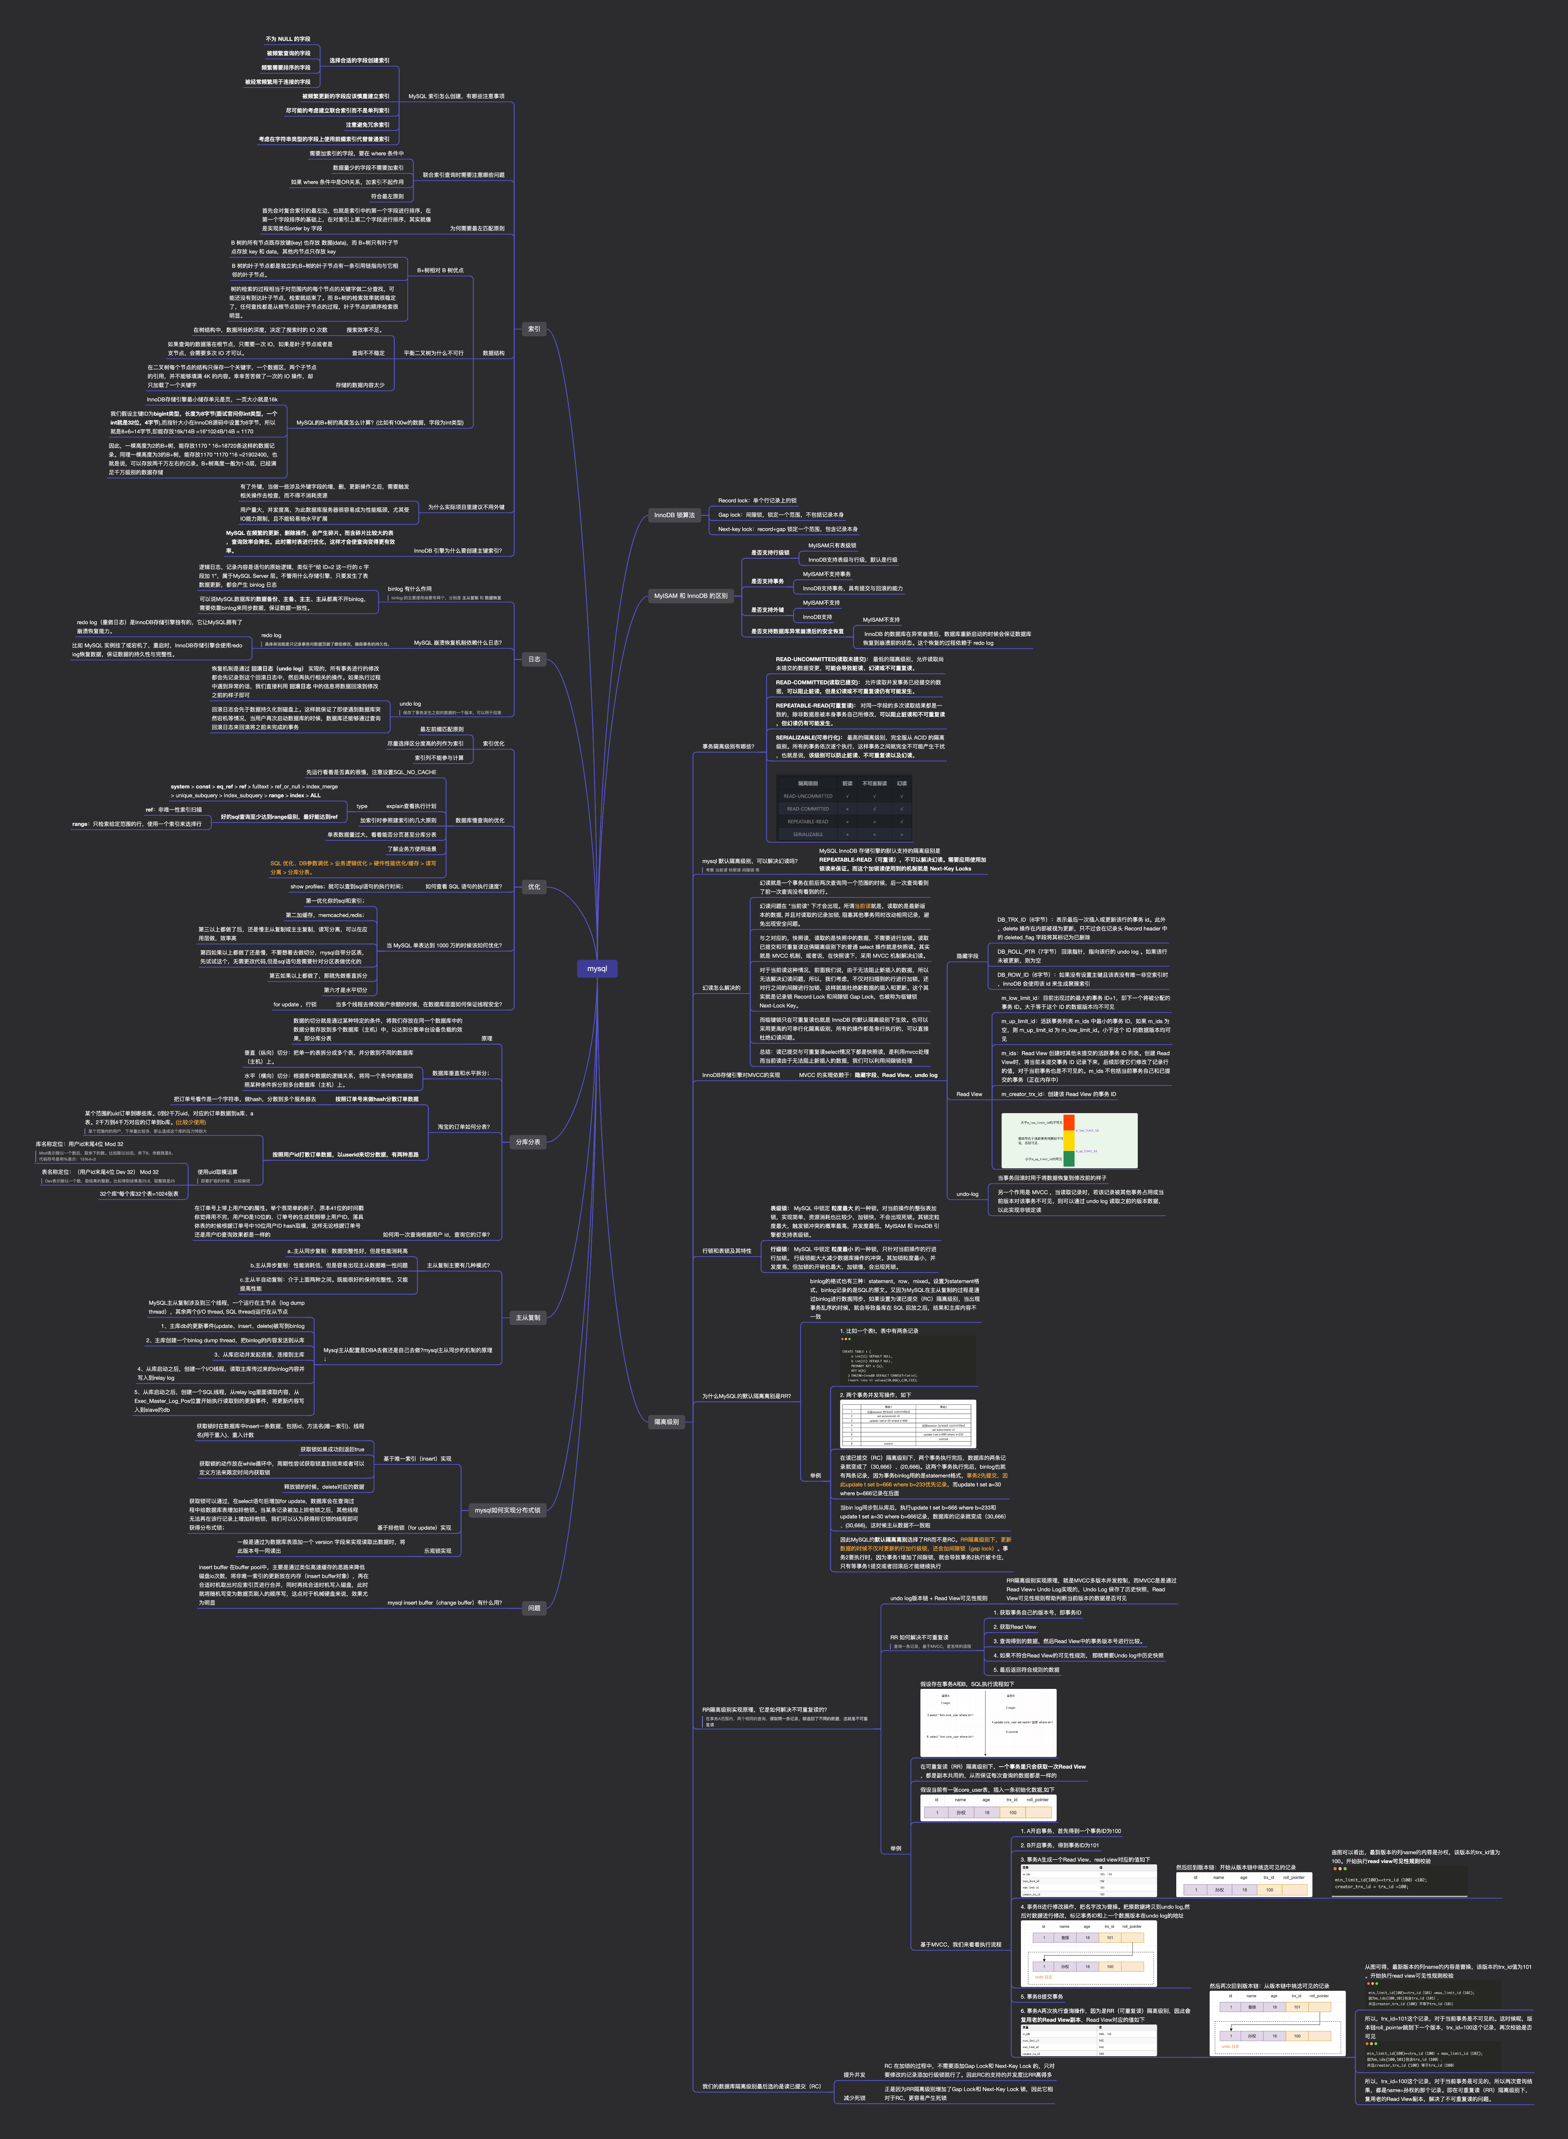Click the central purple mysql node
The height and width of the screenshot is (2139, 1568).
tap(597, 968)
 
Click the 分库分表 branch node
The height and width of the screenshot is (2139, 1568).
tap(528, 1142)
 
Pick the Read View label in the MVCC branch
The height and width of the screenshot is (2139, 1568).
tap(969, 1094)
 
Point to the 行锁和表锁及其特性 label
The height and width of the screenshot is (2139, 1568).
tap(726, 1250)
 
